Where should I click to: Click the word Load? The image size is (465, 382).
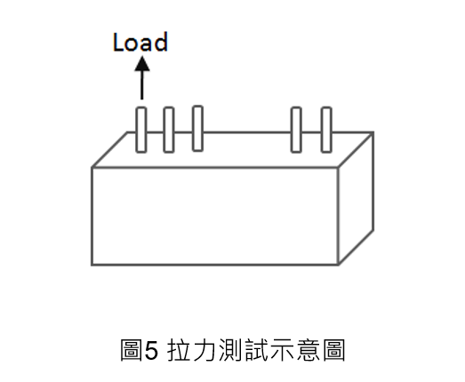(140, 42)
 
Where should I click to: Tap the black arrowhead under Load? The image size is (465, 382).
(142, 64)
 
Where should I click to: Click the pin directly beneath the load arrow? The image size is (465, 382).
(141, 130)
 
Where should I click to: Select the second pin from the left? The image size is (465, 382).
(169, 130)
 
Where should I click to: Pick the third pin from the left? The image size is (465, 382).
(197, 128)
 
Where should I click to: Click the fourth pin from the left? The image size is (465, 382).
(296, 130)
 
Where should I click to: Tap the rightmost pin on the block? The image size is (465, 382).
(326, 130)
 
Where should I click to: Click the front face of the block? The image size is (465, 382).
(215, 216)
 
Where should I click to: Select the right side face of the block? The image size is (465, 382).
(356, 198)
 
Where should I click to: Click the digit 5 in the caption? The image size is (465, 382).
(151, 350)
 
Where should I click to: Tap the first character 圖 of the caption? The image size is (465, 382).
(131, 350)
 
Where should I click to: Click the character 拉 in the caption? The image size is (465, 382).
(179, 350)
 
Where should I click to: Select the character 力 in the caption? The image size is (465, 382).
(204, 350)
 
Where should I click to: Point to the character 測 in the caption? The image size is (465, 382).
(230, 350)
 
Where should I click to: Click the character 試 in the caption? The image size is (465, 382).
(257, 350)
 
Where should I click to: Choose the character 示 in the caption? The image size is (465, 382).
(283, 350)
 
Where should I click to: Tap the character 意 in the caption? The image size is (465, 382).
(309, 350)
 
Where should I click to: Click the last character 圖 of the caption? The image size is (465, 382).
(334, 350)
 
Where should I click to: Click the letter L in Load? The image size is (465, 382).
(118, 42)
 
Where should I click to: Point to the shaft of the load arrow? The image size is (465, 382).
(141, 85)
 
